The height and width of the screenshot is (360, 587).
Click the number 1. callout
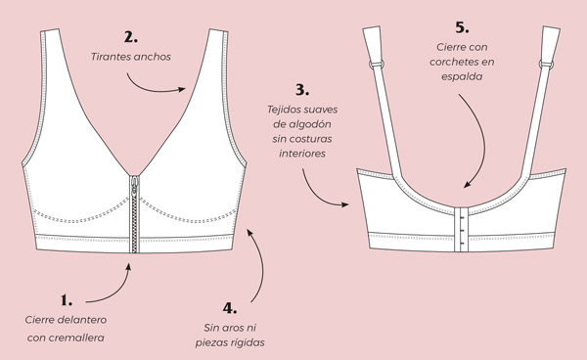pyautogui.click(x=67, y=300)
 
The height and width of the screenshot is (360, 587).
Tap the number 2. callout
pyautogui.click(x=131, y=37)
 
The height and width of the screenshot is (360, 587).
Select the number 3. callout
pyautogui.click(x=302, y=90)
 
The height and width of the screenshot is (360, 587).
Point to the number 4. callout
pyautogui.click(x=230, y=308)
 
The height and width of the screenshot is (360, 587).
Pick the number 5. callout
pyautogui.click(x=462, y=27)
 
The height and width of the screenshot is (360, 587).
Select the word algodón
pyautogui.click(x=310, y=124)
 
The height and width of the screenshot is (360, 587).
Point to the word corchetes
pyautogui.click(x=454, y=63)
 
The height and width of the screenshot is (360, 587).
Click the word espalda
pyautogui.click(x=462, y=76)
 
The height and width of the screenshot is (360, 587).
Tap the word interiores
pyautogui.click(x=302, y=154)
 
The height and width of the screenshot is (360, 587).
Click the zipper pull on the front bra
pyautogui.click(x=134, y=186)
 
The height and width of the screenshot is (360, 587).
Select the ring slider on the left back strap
pyautogui.click(x=377, y=65)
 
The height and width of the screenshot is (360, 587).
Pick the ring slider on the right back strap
pyautogui.click(x=546, y=65)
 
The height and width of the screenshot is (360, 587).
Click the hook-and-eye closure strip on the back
pyautogui.click(x=461, y=229)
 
